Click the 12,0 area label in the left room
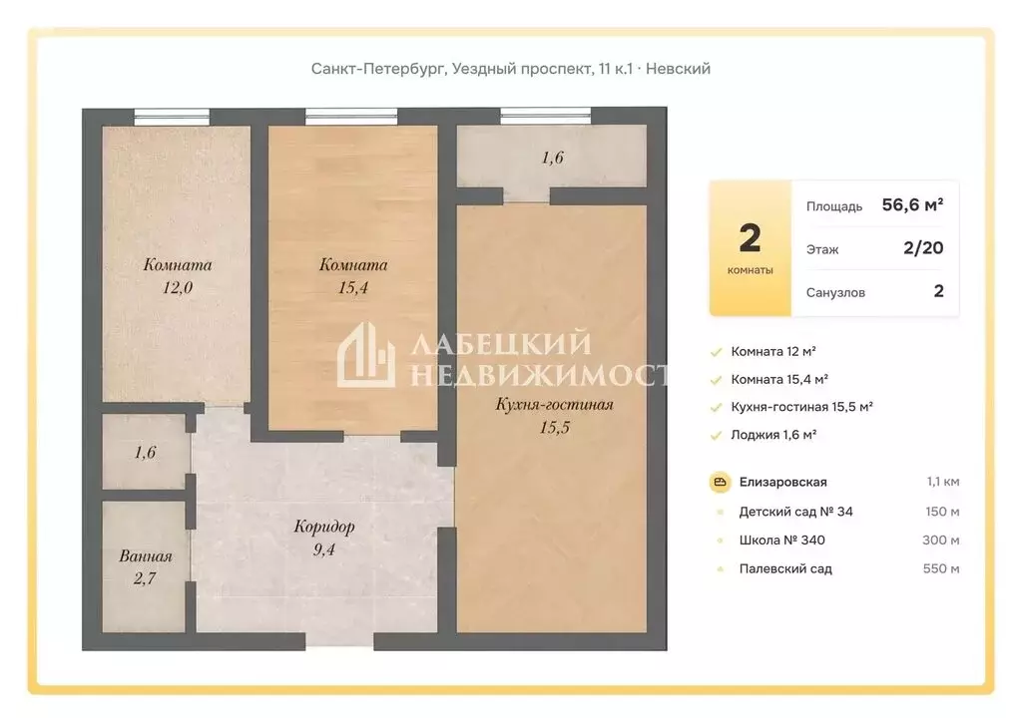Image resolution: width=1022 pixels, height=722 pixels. click(x=178, y=287)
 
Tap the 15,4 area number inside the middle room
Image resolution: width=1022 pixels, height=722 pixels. click(x=353, y=287)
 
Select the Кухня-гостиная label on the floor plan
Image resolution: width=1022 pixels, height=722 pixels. click(x=554, y=404)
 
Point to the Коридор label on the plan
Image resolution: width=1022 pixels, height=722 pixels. click(x=324, y=526)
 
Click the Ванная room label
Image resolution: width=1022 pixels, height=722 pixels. click(x=146, y=556)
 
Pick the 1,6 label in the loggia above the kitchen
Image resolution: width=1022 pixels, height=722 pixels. click(x=553, y=158)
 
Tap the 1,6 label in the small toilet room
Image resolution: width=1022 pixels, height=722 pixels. click(x=146, y=452)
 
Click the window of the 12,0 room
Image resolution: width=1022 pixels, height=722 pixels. click(x=172, y=117)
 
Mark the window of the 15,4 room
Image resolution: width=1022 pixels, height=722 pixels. click(x=351, y=117)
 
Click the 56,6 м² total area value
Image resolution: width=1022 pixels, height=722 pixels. click(x=912, y=205)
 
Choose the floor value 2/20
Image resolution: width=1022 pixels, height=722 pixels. click(x=923, y=248)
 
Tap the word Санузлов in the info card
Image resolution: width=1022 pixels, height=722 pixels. click(x=835, y=292)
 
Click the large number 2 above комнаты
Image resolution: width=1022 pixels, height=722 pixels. click(x=751, y=238)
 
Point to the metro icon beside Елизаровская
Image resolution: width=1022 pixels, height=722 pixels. click(x=720, y=483)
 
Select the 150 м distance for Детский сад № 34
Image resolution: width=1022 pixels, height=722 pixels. click(x=942, y=512)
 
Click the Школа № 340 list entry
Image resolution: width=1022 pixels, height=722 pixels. click(x=782, y=541)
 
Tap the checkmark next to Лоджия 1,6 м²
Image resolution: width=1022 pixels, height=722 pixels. click(x=717, y=435)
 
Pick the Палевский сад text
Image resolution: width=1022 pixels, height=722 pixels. click(x=785, y=569)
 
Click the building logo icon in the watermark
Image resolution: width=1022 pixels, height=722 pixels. click(x=365, y=355)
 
